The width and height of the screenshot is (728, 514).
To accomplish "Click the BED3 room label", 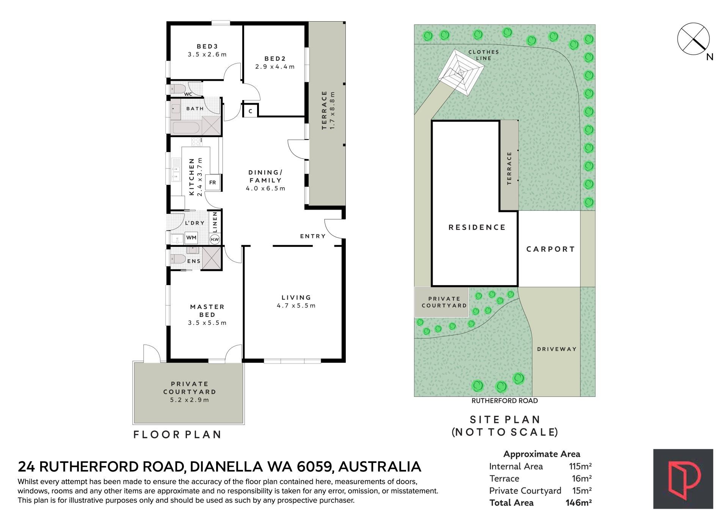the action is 207,47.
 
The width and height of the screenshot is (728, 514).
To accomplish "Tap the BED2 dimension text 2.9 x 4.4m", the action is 275,67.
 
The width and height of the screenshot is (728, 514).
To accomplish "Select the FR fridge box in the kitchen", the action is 213,182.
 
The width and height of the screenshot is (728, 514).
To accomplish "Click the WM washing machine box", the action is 191,238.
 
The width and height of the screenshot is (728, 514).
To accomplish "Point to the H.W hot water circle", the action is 215,239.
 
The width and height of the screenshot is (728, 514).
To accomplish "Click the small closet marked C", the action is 250,111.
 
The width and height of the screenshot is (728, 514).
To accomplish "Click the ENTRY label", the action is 313,236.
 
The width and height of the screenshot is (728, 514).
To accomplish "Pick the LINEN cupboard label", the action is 215,222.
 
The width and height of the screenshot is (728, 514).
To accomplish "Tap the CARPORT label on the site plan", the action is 551,249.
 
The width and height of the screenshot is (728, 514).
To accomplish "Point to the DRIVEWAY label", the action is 557,349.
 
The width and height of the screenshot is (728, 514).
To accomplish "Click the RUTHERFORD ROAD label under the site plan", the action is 505,401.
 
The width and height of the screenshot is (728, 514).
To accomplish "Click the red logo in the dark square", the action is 683,479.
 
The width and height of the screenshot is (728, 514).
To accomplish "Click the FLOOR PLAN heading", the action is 177,434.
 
